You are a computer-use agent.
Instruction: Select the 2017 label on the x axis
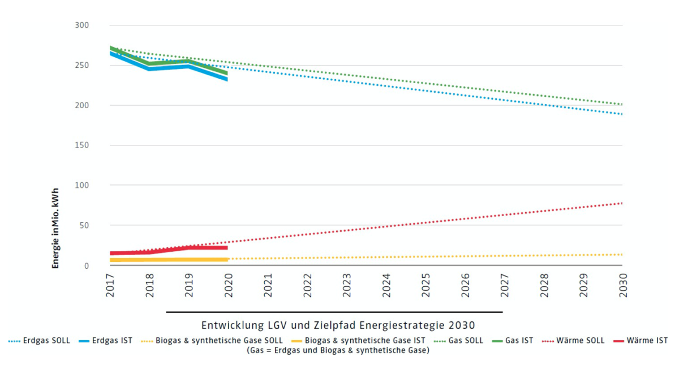(110, 285)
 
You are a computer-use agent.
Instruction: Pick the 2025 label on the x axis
(426, 285)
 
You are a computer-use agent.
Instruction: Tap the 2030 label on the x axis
(623, 285)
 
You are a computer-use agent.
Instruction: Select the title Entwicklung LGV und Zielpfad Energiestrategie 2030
(338, 326)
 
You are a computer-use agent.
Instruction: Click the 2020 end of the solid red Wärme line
(226, 248)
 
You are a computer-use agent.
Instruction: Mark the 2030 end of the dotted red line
(622, 203)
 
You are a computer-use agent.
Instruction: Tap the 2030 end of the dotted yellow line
(622, 255)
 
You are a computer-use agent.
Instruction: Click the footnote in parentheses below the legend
(338, 351)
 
